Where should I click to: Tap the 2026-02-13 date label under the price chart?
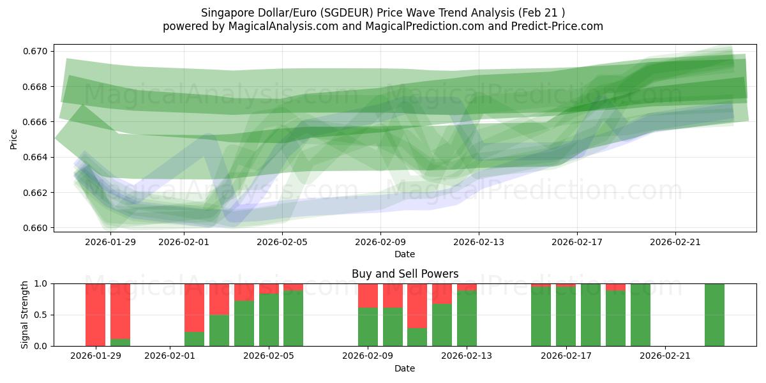point(479,242)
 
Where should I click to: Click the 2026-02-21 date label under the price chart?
point(675,242)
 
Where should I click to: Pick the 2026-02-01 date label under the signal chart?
point(170,356)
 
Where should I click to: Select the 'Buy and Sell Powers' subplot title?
point(405,274)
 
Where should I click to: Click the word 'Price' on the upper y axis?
point(14,139)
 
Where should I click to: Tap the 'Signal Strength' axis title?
point(24,315)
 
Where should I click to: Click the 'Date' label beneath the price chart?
point(405,254)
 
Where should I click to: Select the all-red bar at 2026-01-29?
point(96,315)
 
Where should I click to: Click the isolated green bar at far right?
point(714,315)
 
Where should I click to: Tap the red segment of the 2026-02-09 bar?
point(368,296)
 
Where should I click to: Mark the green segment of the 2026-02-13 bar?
point(467,319)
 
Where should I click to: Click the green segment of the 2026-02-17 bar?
point(566,317)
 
